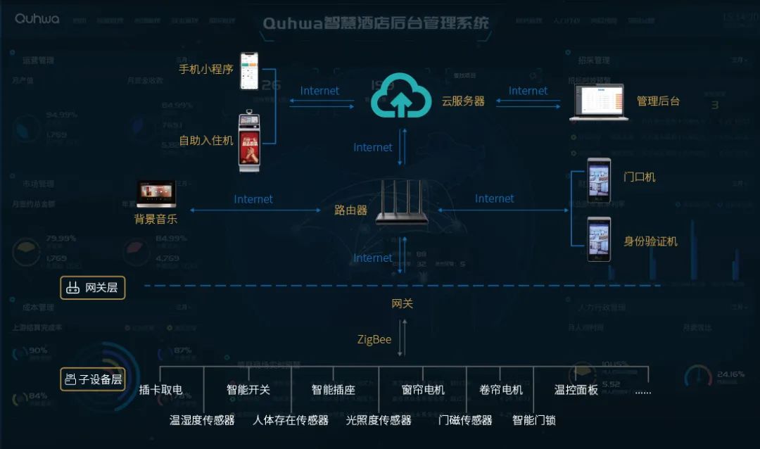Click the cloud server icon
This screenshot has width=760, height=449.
tap(400, 96)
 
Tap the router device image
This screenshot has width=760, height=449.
tap(402, 203)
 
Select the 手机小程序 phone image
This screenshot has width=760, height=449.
tap(249, 71)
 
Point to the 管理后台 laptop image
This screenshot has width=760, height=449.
tap(598, 102)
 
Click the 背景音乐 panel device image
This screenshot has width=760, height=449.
tap(156, 194)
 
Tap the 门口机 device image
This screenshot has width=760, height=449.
tap(600, 181)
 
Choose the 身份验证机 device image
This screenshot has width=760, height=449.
tap(600, 239)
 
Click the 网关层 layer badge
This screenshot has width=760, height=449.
tap(93, 287)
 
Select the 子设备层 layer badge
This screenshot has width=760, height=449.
tap(93, 379)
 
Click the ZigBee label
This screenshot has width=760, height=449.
tap(374, 340)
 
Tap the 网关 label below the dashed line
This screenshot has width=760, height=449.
tap(402, 304)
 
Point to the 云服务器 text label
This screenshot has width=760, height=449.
tap(463, 101)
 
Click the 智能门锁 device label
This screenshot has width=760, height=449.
tap(534, 420)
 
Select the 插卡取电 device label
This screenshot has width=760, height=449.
tap(160, 390)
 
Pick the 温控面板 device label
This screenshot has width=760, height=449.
tap(576, 390)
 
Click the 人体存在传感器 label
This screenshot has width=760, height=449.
tap(291, 420)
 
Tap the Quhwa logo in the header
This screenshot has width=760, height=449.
tap(37, 18)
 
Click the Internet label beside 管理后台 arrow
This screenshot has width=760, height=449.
tap(528, 91)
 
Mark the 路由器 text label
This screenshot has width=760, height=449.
tap(351, 210)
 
